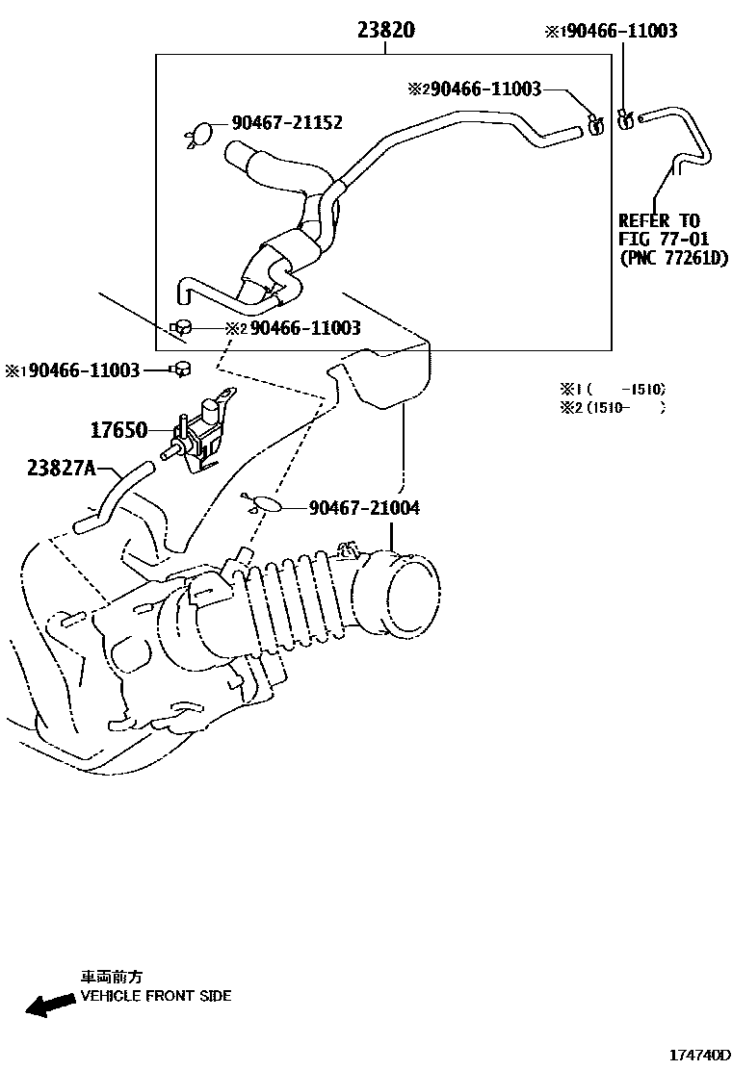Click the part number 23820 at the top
386,30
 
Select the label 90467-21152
286,123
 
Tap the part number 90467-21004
364,507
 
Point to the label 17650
119,430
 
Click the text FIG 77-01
665,239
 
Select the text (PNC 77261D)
674,257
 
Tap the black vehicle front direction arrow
49,1006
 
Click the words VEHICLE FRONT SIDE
155,996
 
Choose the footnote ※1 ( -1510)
613,390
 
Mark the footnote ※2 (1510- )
613,407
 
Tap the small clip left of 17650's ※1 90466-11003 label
180,368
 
